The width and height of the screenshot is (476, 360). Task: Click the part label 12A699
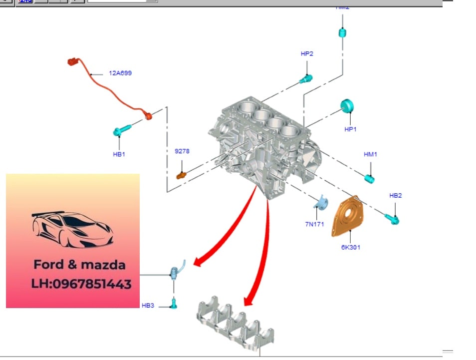coord(120,73)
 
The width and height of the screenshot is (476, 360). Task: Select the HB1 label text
coord(119,154)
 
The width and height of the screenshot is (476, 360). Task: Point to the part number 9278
coord(182,151)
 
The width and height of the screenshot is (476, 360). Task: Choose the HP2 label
coord(307,53)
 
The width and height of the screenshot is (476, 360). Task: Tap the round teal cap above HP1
coord(347,106)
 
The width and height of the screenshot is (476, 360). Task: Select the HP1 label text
coord(351,129)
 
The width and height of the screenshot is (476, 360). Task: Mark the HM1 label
coord(370,154)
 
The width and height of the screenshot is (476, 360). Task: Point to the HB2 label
coord(395,195)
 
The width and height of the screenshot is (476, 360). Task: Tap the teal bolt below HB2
coord(392,218)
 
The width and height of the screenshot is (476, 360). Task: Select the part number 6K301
coord(351,247)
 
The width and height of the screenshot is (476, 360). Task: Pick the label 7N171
coord(315,224)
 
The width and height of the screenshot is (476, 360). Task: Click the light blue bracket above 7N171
coord(320,202)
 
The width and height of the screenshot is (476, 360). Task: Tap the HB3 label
coord(148,305)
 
